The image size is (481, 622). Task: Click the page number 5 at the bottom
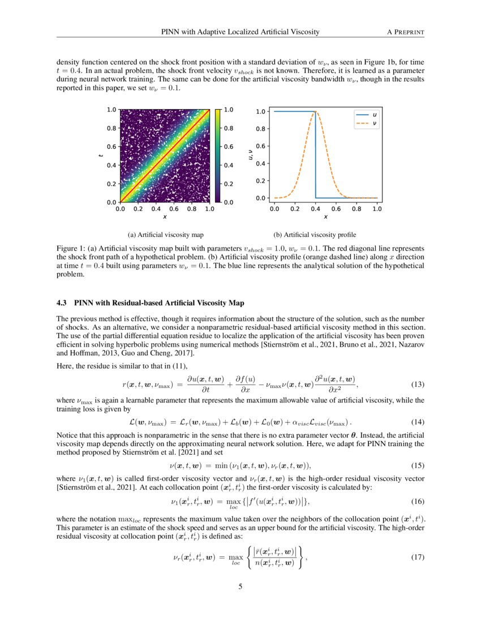pyautogui.click(x=240, y=586)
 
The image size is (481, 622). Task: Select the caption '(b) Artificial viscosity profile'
pyautogui.click(x=315, y=234)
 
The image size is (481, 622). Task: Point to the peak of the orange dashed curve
pyautogui.click(x=316, y=111)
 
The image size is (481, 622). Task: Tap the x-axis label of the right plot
pyautogui.click(x=325, y=217)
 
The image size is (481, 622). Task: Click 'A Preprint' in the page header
pyautogui.click(x=405, y=32)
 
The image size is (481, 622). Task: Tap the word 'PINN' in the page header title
pyautogui.click(x=172, y=32)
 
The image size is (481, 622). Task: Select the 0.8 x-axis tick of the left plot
pyautogui.click(x=191, y=209)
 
